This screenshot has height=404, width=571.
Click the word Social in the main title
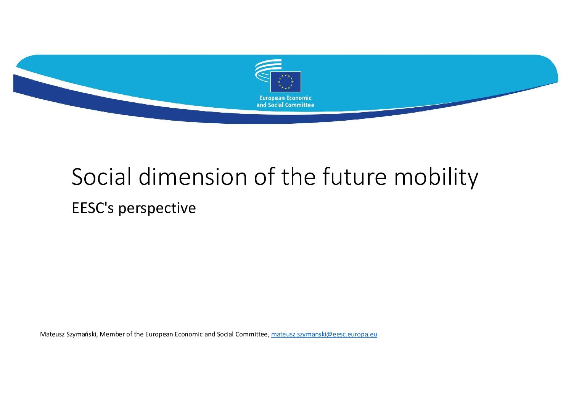pyautogui.click(x=101, y=176)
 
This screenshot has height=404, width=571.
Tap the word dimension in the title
pyautogui.click(x=193, y=176)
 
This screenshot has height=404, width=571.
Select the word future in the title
pyautogui.click(x=355, y=176)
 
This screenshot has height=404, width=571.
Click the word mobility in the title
pyautogui.click(x=436, y=178)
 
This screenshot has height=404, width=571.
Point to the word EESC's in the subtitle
pyautogui.click(x=93, y=208)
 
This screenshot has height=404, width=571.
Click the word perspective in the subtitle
pyautogui.click(x=157, y=209)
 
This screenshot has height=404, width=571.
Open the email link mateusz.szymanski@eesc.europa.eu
pyautogui.click(x=324, y=335)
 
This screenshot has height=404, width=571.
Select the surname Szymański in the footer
pyautogui.click(x=82, y=335)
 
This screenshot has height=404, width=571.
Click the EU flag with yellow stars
pyautogui.click(x=285, y=82)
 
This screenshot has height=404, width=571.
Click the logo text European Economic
pyautogui.click(x=285, y=98)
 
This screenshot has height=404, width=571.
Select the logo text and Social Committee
pyautogui.click(x=285, y=105)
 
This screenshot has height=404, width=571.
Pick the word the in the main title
pyautogui.click(x=299, y=176)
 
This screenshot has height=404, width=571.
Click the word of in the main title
pyautogui.click(x=264, y=176)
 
